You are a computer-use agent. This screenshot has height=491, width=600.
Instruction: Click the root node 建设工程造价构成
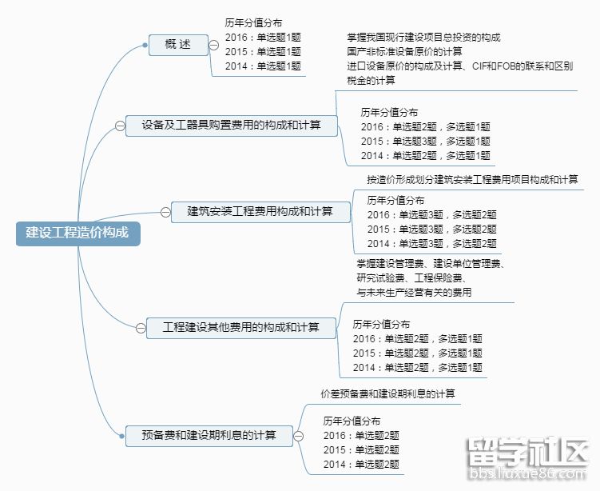pyautogui.click(x=77, y=233)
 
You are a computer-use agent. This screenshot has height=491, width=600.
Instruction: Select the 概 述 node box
pyautogui.click(x=178, y=45)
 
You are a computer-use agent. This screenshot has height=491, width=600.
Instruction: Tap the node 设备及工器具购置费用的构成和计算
pyautogui.click(x=232, y=126)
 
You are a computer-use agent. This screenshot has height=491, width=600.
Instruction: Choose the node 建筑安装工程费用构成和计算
pyautogui.click(x=260, y=212)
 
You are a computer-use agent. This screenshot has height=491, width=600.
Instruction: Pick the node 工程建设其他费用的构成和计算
pyautogui.click(x=240, y=328)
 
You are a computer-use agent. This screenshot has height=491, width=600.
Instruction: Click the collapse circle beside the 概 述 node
pyautogui.click(x=215, y=45)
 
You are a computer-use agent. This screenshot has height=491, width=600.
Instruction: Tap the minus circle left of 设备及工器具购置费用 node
pyautogui.click(x=120, y=126)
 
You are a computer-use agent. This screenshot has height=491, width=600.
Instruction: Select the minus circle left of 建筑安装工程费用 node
pyautogui.click(x=166, y=212)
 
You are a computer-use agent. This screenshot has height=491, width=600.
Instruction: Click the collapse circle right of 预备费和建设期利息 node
pyautogui.click(x=298, y=436)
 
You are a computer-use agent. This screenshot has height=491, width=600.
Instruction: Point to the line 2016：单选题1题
pyautogui.click(x=263, y=38)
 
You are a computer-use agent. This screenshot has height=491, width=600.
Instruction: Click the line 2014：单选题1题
pyautogui.click(x=263, y=66)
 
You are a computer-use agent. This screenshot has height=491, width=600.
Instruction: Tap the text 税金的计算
pyautogui.click(x=371, y=81)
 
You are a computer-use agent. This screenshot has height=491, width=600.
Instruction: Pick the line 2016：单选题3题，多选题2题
pyautogui.click(x=431, y=214)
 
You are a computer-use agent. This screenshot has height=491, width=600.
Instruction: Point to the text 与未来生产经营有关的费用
pyautogui.click(x=414, y=293)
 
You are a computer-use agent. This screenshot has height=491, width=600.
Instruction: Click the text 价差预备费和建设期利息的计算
pyautogui.click(x=387, y=394)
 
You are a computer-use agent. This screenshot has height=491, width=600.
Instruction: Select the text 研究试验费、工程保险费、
pyautogui.click(x=412, y=278)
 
